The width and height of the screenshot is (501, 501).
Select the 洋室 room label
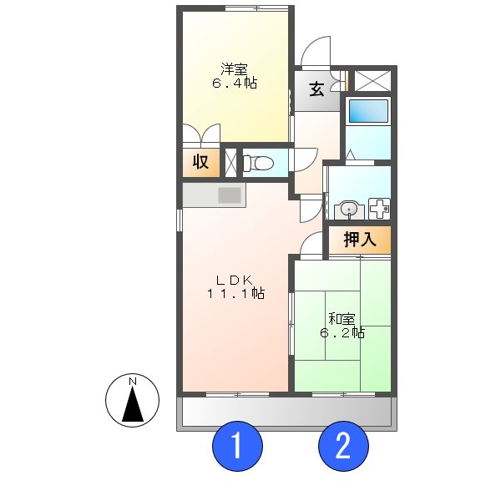pyautogui.click(x=234, y=68)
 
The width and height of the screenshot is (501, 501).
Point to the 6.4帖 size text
pyautogui.click(x=234, y=83)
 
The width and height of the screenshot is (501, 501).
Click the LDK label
pyautogui.click(x=235, y=279)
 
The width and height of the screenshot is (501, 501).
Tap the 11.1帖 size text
pyautogui.click(x=235, y=294)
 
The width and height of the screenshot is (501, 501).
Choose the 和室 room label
pyautogui.click(x=342, y=318)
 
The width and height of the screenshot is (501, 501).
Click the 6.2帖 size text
pyautogui.click(x=342, y=333)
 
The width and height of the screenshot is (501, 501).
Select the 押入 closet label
pyautogui.click(x=360, y=240)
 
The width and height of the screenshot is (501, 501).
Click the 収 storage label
pyautogui.click(x=201, y=162)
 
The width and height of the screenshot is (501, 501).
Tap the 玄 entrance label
pyautogui.click(x=317, y=90)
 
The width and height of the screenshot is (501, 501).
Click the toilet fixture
pyautogui.click(x=260, y=162)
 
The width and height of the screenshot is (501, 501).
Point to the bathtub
pyautogui.click(x=367, y=111)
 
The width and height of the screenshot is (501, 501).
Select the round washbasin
pyautogui.click(x=348, y=209)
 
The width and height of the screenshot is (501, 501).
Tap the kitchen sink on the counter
pyautogui.click(x=229, y=195)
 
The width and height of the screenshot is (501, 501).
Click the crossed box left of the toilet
pyautogui.click(x=230, y=162)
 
